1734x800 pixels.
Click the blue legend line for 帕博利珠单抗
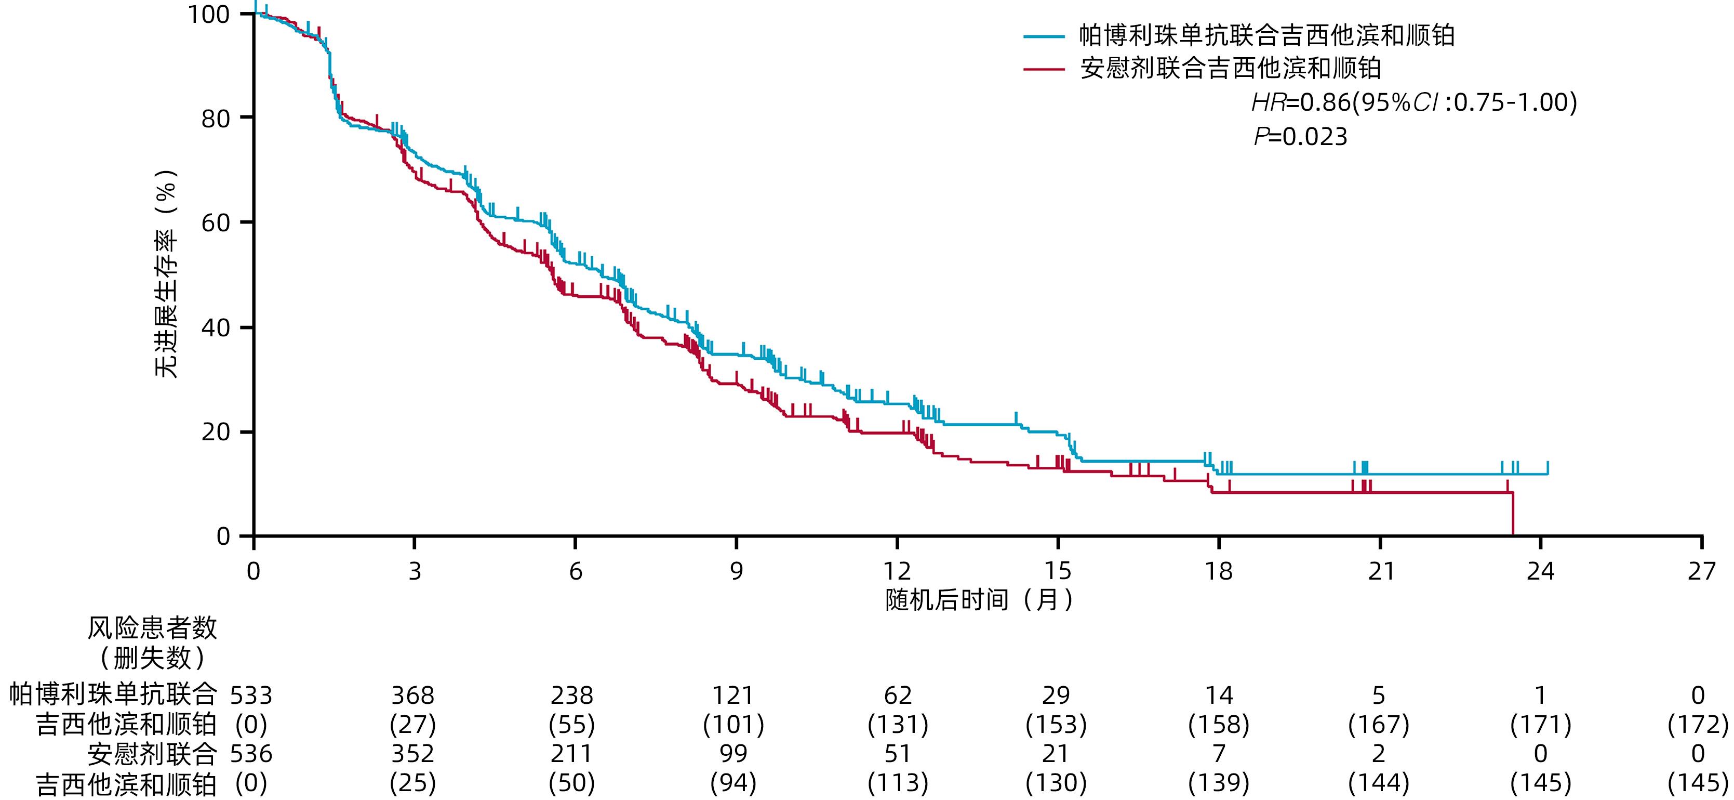click(x=1044, y=36)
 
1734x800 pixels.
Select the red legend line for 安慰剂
click(x=1044, y=69)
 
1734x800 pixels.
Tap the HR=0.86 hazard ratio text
click(x=1413, y=102)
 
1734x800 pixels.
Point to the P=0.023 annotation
click(x=1301, y=137)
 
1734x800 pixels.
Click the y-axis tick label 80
click(x=216, y=119)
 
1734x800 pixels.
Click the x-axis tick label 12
click(x=897, y=572)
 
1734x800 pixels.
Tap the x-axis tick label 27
click(x=1702, y=572)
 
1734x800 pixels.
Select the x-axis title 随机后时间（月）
click(x=979, y=599)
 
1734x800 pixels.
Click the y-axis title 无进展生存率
click(x=166, y=273)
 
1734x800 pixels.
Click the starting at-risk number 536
click(x=251, y=754)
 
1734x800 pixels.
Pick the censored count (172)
click(x=1698, y=725)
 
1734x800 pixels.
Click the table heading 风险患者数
click(x=152, y=628)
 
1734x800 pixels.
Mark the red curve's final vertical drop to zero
click(x=1513, y=515)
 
